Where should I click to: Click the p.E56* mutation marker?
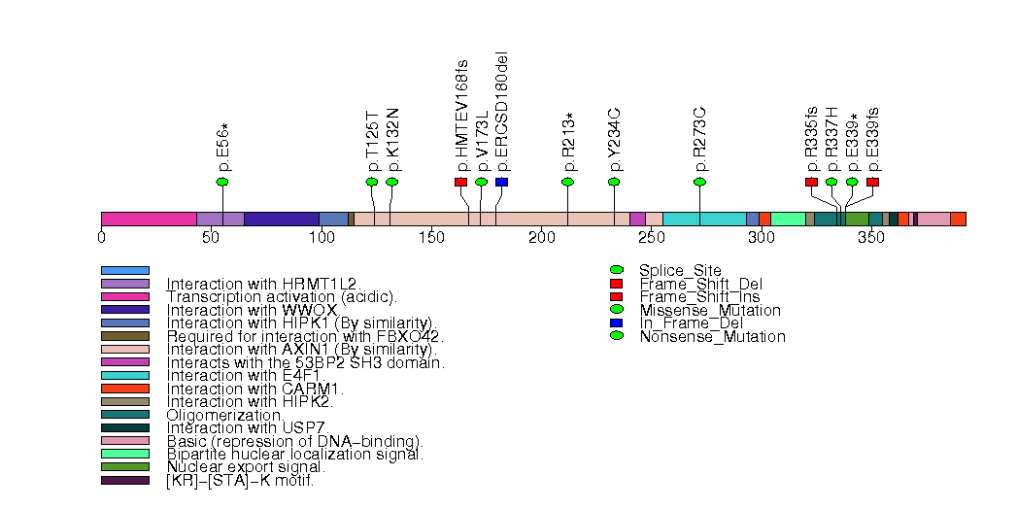[x=222, y=182]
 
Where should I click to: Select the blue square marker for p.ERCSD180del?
[x=501, y=182]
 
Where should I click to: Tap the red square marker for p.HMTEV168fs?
[x=460, y=182]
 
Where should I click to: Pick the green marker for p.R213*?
[x=568, y=182]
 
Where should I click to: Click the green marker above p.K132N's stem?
[x=392, y=182]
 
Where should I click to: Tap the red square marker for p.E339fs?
[x=872, y=182]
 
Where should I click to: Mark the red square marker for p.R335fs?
[x=811, y=182]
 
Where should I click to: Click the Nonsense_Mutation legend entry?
[x=712, y=337]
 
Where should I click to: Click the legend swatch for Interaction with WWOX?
[x=125, y=310]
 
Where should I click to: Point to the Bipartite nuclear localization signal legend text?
[x=295, y=454]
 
